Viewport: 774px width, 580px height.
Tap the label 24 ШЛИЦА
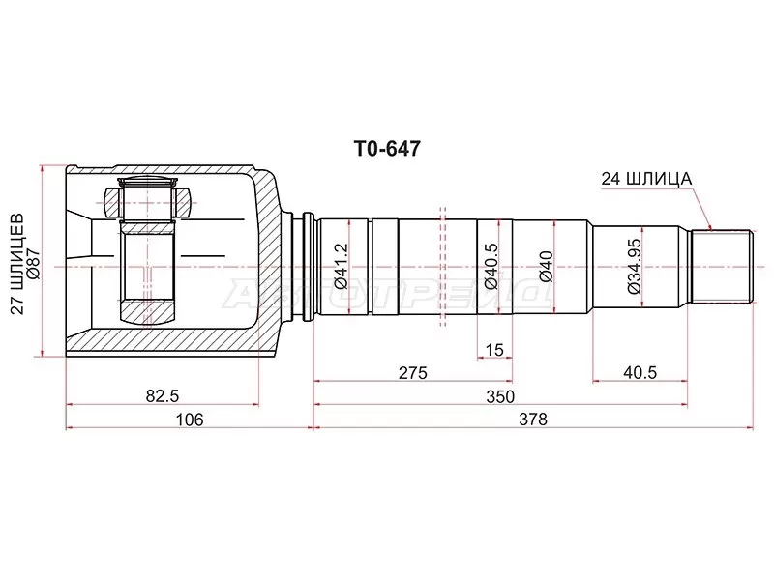(x=645, y=178)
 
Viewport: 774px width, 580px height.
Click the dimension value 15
(x=494, y=349)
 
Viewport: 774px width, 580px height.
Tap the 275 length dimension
(x=412, y=372)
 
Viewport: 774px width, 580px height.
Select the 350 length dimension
(x=500, y=396)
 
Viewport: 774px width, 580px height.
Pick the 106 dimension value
(x=190, y=420)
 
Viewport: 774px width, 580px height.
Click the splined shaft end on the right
(x=721, y=266)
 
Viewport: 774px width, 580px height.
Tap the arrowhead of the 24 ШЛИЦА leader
(x=710, y=228)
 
